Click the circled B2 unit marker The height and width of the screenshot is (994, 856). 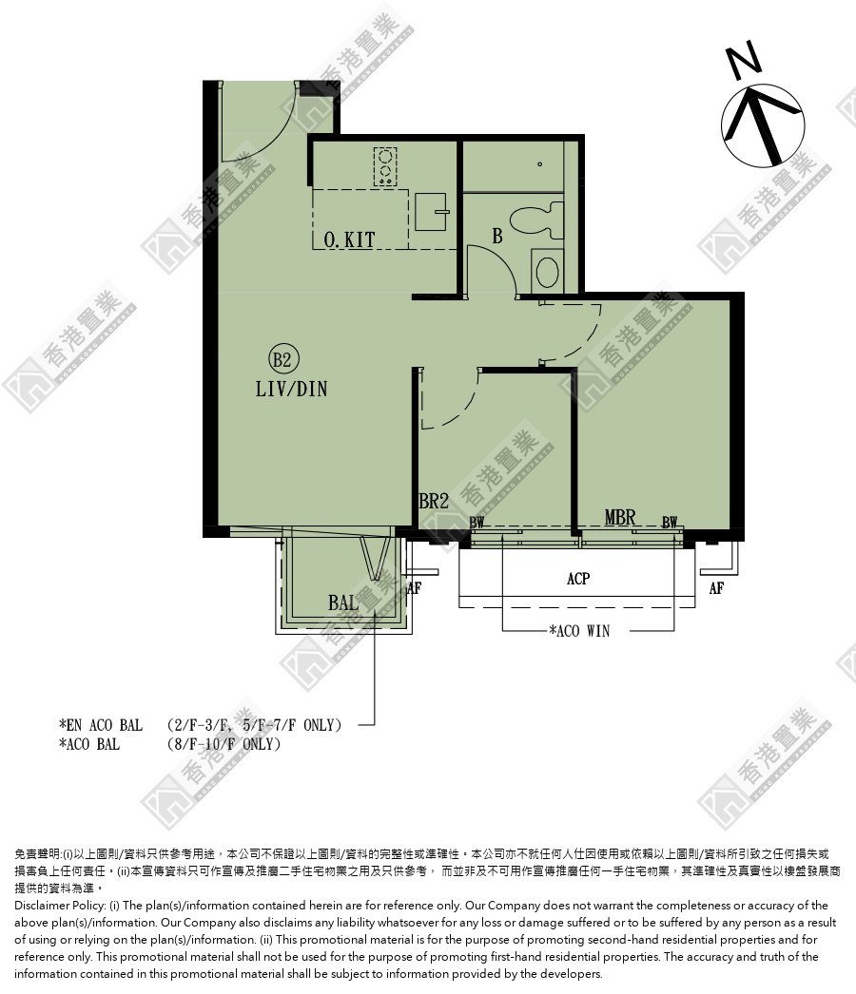[282, 359]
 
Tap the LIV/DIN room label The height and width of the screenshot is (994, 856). [291, 389]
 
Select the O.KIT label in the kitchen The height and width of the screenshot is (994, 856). [350, 239]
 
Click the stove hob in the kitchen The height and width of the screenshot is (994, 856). [384, 166]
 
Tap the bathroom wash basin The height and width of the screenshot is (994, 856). [546, 270]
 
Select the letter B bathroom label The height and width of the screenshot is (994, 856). [497, 236]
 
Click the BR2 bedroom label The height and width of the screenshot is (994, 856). [434, 502]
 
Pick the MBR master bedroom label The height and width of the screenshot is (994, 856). [619, 517]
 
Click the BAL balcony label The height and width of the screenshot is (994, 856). [343, 602]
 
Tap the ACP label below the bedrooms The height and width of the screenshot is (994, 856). [578, 578]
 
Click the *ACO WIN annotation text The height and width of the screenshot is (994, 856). [579, 631]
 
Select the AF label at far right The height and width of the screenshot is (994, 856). [716, 588]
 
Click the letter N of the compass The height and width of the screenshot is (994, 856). [743, 60]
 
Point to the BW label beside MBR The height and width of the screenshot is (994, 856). [670, 523]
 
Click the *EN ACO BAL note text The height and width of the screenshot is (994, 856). [100, 724]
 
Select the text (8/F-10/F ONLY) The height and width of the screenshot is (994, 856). [224, 743]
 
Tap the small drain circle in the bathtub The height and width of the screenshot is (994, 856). [540, 164]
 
